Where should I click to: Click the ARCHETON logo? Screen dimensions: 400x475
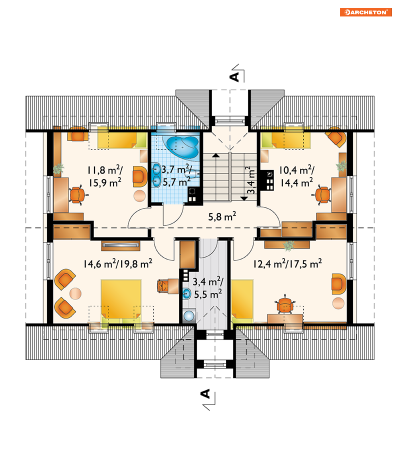pyautogui.click(x=366, y=12)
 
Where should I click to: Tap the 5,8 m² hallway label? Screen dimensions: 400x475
pyautogui.click(x=222, y=216)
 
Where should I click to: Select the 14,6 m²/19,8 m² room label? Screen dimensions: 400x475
pyautogui.click(x=118, y=264)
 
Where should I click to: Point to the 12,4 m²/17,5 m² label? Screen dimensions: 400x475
pyautogui.click(x=287, y=264)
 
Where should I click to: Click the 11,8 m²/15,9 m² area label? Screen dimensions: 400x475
pyautogui.click(x=105, y=176)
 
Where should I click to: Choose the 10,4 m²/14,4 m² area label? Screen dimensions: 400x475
pyautogui.click(x=296, y=176)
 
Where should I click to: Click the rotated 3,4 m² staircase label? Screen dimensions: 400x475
pyautogui.click(x=251, y=180)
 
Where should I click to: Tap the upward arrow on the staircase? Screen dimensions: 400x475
pyautogui.click(x=216, y=156)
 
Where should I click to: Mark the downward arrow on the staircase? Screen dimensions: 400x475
pyautogui.click(x=244, y=199)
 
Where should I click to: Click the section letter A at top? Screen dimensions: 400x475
pyautogui.click(x=235, y=77)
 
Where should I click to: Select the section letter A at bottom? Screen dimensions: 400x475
pyautogui.click(x=205, y=394)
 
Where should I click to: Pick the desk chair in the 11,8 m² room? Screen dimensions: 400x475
pyautogui.click(x=76, y=195)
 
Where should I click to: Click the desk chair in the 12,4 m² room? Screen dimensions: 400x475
pyautogui.click(x=285, y=304)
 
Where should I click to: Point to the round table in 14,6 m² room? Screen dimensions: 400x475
pyautogui.click(x=75, y=293)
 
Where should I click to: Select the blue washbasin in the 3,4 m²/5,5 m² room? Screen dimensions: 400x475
pyautogui.click(x=187, y=293)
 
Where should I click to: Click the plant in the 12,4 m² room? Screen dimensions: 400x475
pyautogui.click(x=289, y=246)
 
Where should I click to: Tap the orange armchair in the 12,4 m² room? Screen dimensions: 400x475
pyautogui.click(x=338, y=284)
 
